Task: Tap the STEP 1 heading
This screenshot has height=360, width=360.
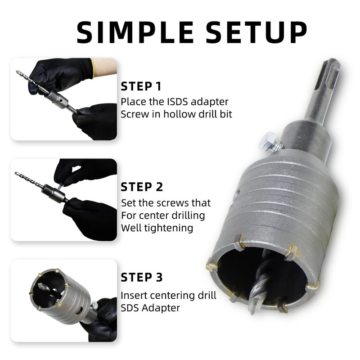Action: point(141,86)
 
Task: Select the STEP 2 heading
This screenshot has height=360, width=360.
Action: point(142,187)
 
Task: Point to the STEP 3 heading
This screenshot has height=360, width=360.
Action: point(142,277)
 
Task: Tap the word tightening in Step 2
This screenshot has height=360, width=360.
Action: point(166,228)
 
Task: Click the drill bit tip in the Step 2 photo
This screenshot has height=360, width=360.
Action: point(17,174)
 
